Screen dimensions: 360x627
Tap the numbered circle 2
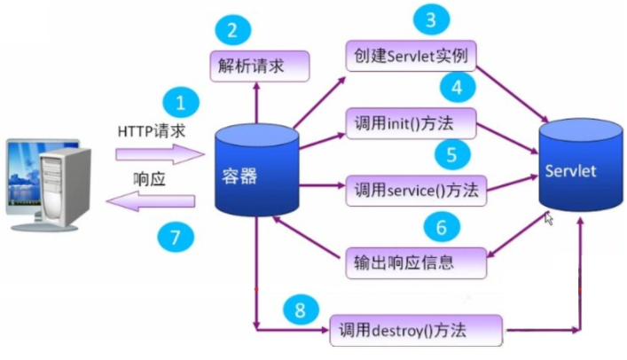pos(232,31)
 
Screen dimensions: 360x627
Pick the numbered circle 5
pos(451,154)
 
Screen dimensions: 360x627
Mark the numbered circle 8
pos(302,309)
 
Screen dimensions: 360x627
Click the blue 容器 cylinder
pos(256,175)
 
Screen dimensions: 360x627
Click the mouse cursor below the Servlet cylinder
pos(550,218)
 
